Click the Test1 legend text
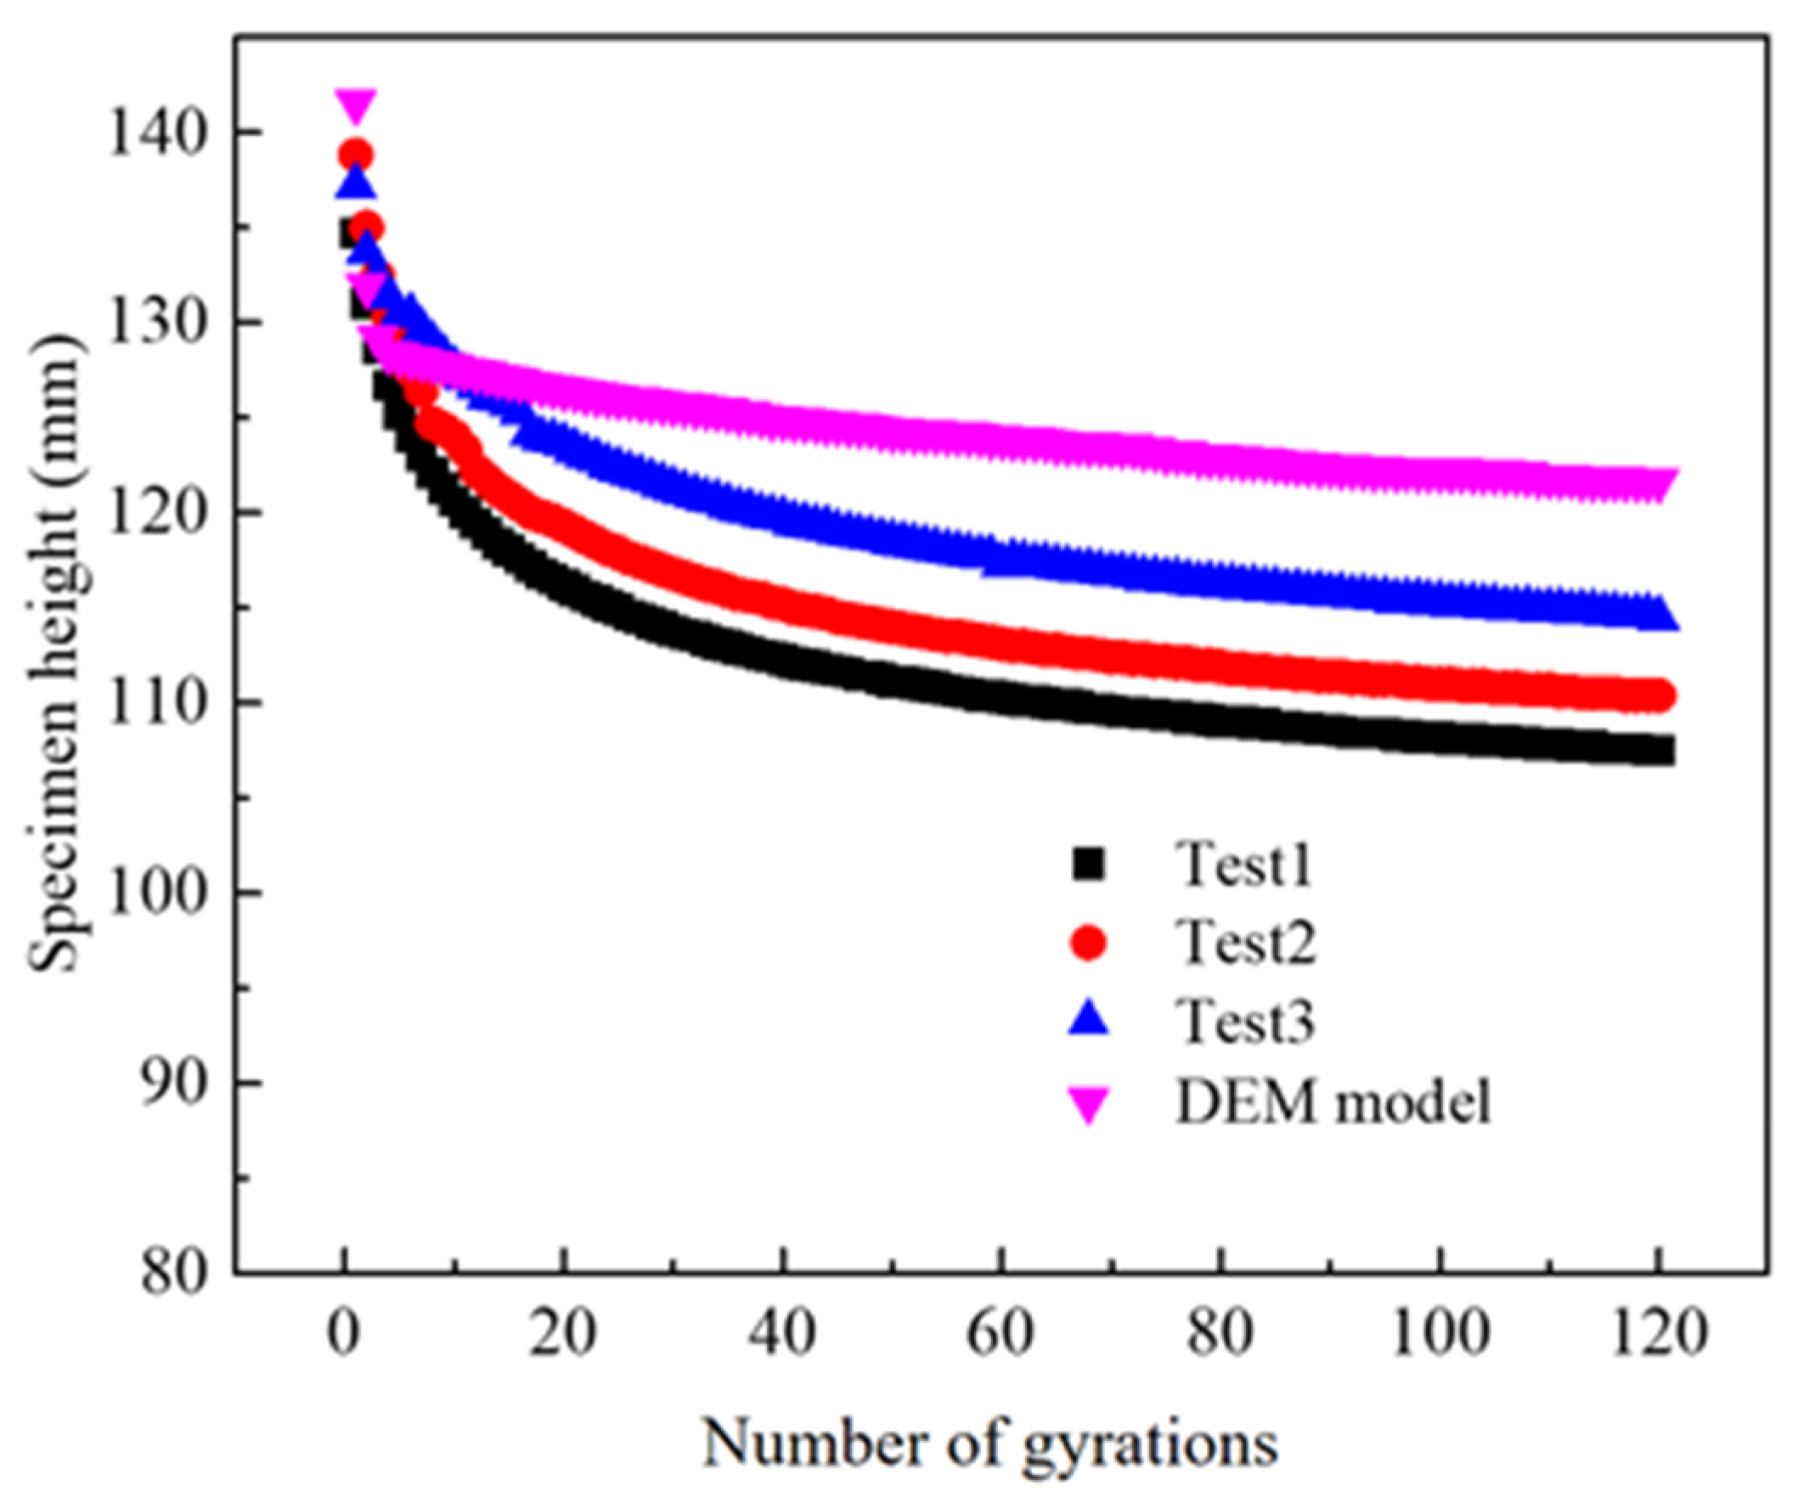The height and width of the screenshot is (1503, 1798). tap(1244, 865)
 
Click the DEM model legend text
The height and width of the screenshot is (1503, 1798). tap(1333, 1102)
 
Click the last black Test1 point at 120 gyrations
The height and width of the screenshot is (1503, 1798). tap(1660, 751)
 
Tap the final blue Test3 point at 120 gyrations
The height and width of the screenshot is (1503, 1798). tap(1660, 613)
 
